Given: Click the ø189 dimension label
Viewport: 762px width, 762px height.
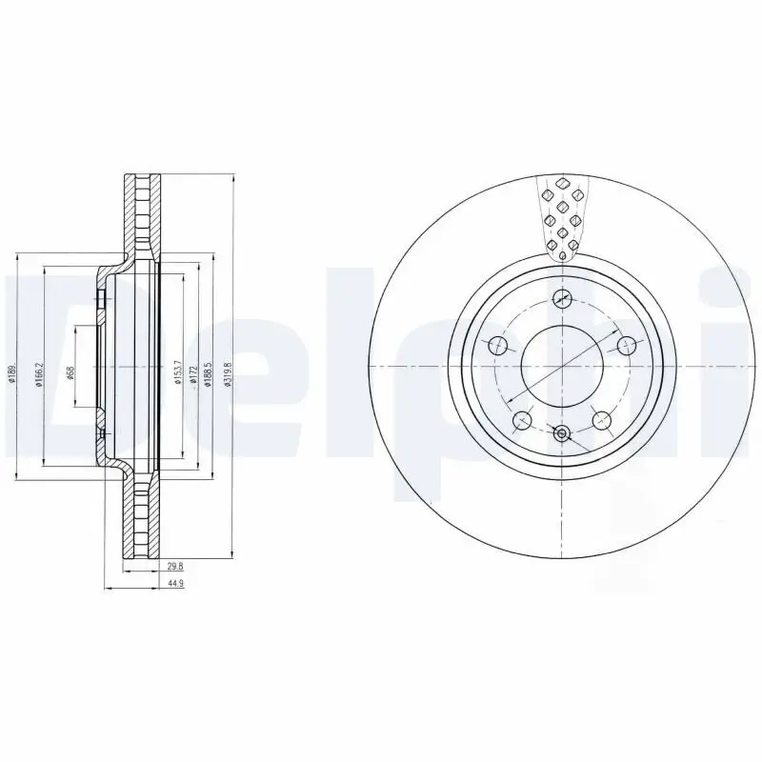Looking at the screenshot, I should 12,373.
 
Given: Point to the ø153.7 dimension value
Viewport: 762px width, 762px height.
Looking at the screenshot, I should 178,371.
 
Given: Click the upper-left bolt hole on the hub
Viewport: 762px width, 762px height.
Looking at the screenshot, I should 498,346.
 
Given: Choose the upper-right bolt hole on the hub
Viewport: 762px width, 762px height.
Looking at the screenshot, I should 627,346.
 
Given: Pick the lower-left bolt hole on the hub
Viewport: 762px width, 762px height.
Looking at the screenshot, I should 522,420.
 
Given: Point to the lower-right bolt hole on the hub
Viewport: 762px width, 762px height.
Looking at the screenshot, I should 602,420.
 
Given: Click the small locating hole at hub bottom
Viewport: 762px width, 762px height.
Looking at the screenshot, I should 562,435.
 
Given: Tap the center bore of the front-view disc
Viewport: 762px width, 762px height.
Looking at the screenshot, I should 562,367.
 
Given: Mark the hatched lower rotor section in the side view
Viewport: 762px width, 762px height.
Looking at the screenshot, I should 142,519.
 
